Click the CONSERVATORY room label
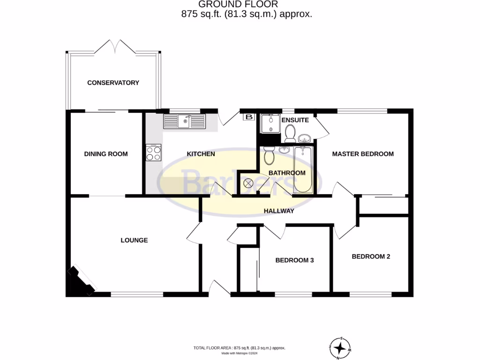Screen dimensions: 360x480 point(113,83)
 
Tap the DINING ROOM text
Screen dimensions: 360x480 point(105,154)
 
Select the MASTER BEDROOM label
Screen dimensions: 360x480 point(363,154)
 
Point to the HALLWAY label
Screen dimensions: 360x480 point(278,211)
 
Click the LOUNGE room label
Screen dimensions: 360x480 point(134,240)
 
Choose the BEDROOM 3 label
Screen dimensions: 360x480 point(294,260)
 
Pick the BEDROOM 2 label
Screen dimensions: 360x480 point(371,256)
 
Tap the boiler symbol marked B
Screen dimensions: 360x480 point(248,117)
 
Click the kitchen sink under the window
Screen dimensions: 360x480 point(184,121)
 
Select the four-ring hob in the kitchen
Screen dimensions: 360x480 point(154,153)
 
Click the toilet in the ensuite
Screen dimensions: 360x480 point(289,134)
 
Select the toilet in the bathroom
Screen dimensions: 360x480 point(269,156)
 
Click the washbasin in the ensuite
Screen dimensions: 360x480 point(304,138)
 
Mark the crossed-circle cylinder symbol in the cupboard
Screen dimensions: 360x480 point(248,183)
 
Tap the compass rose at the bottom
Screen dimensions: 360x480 point(340,348)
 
